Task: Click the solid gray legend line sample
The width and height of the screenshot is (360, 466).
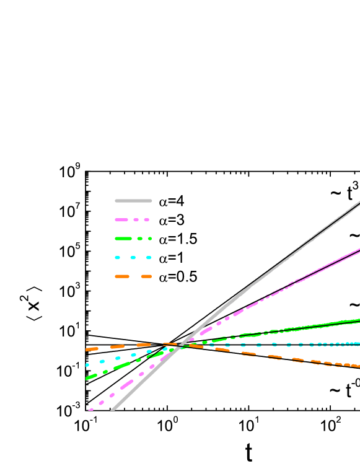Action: (133, 201)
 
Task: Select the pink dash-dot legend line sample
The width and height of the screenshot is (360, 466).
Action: (132, 219)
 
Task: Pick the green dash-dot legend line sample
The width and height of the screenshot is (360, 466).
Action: (133, 239)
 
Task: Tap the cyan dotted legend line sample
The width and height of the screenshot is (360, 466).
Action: (133, 258)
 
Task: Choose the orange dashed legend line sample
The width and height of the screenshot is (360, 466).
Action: (133, 276)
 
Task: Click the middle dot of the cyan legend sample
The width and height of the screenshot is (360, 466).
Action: (133, 258)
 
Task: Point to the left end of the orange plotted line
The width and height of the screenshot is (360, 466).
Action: (87, 349)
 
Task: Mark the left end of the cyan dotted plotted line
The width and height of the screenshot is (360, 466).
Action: (87, 365)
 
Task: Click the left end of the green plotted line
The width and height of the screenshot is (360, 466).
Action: (87, 379)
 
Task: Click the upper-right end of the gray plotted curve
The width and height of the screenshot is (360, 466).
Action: (359, 202)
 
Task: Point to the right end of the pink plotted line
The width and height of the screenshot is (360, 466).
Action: (359, 249)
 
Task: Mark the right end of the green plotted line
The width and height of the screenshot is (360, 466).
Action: (359, 320)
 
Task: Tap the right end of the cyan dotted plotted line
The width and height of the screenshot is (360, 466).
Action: (358, 343)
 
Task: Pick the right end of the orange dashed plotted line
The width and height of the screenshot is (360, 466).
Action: (359, 366)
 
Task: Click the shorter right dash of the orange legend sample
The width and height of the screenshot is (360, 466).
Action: (146, 276)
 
